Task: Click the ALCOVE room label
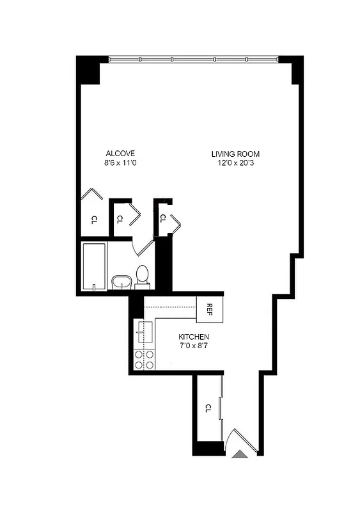[120, 154]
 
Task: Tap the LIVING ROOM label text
[236, 154]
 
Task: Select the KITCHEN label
[194, 337]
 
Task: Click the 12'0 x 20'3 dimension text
[236, 163]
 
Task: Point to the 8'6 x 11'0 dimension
[120, 163]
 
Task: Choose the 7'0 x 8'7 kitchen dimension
[194, 346]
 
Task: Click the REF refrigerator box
[209, 308]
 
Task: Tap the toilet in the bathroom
[142, 276]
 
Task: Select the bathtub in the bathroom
[93, 266]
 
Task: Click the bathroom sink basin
[121, 282]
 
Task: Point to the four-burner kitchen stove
[144, 360]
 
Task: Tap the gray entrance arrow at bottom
[239, 454]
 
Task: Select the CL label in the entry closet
[208, 408]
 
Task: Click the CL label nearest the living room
[162, 218]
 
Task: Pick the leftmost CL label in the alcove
[93, 220]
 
